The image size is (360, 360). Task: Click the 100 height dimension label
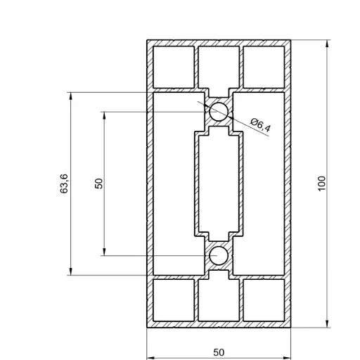[x=322, y=183]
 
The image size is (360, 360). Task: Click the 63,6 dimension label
[x=65, y=183]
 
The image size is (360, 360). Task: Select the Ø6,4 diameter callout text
[x=260, y=127]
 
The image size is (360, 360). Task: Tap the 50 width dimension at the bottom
[x=219, y=351]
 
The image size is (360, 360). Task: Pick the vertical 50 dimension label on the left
[x=99, y=183]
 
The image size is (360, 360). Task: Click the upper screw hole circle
[x=219, y=111]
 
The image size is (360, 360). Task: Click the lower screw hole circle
[x=219, y=255]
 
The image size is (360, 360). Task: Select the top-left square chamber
[x=174, y=65]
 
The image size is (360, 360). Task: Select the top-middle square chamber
[x=219, y=65]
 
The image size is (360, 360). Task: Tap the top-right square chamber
[x=264, y=65]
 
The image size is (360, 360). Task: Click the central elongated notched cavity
[x=219, y=183]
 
